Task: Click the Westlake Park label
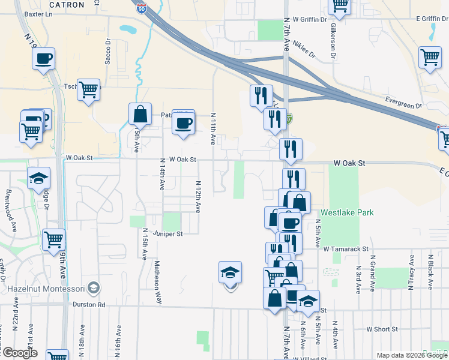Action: point(347,212)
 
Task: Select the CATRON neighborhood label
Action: point(67,4)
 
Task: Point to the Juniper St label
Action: point(167,233)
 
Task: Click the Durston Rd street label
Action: point(89,305)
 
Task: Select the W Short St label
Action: point(382,329)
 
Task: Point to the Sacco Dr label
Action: point(109,52)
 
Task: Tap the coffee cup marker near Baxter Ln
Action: point(43,59)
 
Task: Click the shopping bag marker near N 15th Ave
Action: point(140,113)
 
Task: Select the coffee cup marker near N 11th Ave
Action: point(183,124)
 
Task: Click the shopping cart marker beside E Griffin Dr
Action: point(430,58)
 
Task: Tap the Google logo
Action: point(19,353)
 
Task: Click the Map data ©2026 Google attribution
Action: point(411,355)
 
